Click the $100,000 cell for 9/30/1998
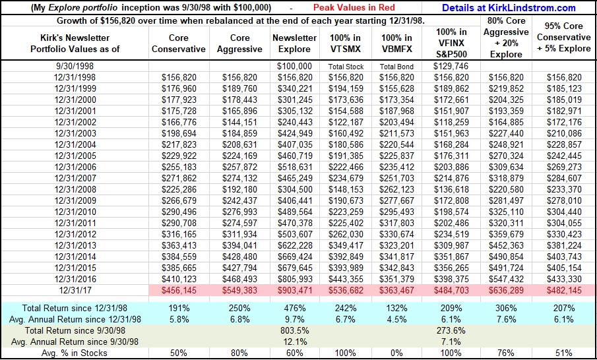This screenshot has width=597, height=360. pos(295,67)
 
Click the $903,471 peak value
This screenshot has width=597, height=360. pos(295,289)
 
